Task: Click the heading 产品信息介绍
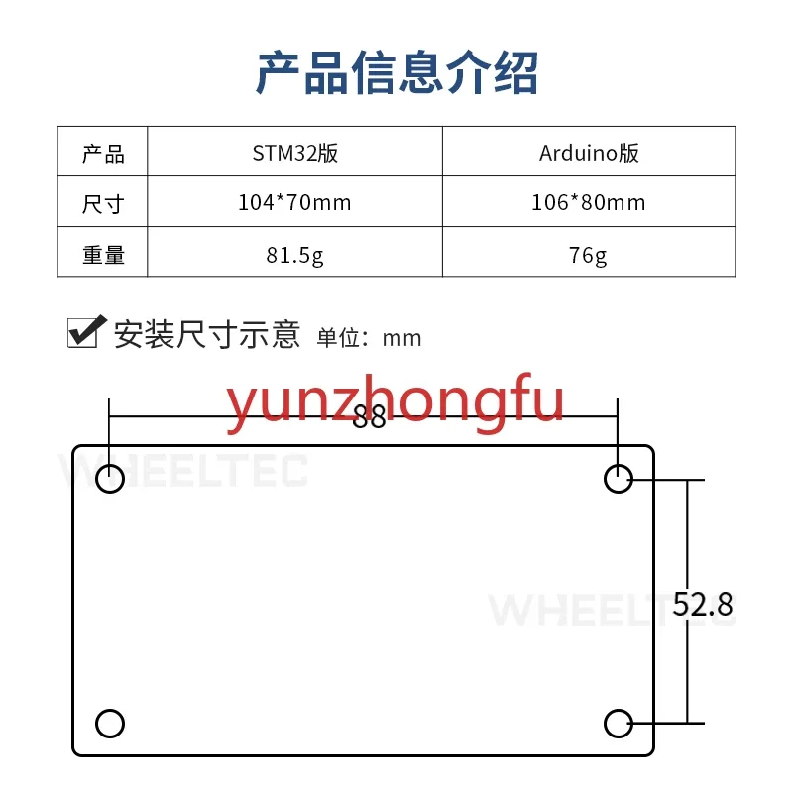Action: click(x=396, y=73)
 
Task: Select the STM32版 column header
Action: click(x=294, y=153)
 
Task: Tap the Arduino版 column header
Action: click(x=589, y=153)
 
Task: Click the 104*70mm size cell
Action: click(x=294, y=203)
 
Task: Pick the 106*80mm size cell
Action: click(x=589, y=203)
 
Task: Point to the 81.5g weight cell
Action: click(x=294, y=255)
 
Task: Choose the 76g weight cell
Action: click(x=589, y=255)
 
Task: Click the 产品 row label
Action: click(x=103, y=153)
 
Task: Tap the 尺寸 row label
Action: click(x=103, y=204)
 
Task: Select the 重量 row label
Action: click(x=103, y=255)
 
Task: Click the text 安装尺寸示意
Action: click(x=206, y=334)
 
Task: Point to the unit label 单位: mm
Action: click(x=369, y=338)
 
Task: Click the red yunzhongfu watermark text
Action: click(x=396, y=403)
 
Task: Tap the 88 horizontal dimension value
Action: click(x=369, y=418)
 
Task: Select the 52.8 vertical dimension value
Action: click(x=703, y=604)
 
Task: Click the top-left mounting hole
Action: click(x=110, y=479)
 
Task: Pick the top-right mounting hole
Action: click(x=619, y=479)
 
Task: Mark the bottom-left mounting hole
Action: click(x=110, y=723)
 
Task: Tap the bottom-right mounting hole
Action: click(x=619, y=723)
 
